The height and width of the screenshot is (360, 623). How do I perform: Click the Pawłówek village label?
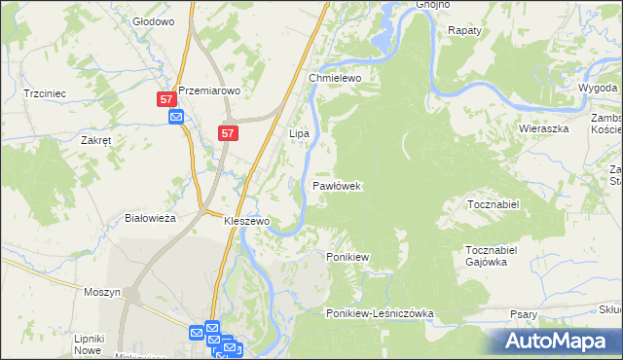click(x=337, y=184)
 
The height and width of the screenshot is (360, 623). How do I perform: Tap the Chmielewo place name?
click(x=335, y=77)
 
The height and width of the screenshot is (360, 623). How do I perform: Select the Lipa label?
click(x=299, y=132)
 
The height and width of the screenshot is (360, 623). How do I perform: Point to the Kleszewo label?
click(x=246, y=221)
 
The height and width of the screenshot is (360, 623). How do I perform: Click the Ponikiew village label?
click(x=347, y=257)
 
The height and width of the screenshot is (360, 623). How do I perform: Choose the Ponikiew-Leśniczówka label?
click(x=380, y=313)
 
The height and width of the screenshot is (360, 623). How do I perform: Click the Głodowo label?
click(x=153, y=20)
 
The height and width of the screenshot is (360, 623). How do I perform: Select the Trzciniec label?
click(x=44, y=93)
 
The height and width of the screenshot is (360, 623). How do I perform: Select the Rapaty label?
click(x=464, y=30)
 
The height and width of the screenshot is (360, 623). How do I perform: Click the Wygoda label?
click(x=597, y=88)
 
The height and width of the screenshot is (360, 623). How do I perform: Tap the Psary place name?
click(x=524, y=314)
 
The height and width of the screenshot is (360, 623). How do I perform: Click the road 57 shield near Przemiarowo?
click(x=166, y=100)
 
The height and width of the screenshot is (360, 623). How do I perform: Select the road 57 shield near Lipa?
click(x=227, y=133)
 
